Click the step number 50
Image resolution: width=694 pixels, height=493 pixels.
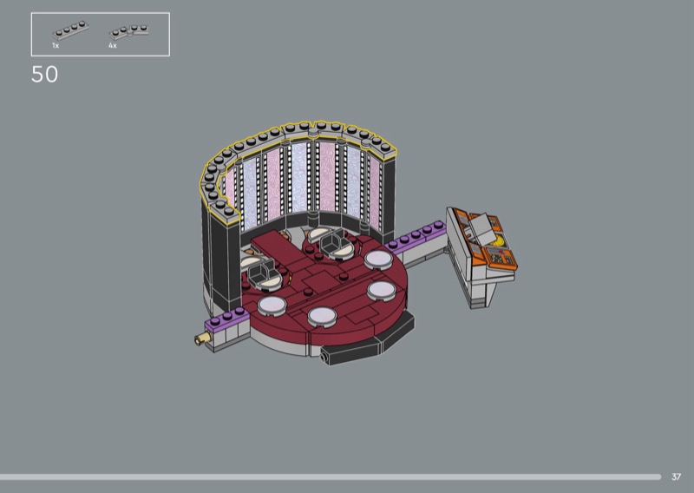(x=45, y=75)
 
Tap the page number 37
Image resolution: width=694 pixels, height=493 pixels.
(x=676, y=477)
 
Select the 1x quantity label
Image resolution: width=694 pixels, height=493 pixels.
(x=56, y=45)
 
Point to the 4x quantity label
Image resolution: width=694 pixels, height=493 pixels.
(x=113, y=45)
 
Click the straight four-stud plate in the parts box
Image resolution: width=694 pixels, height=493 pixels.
(x=70, y=30)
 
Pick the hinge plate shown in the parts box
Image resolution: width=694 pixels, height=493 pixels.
(x=128, y=32)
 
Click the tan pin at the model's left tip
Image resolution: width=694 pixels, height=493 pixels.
(x=202, y=339)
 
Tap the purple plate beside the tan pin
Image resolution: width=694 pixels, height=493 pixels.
(x=227, y=319)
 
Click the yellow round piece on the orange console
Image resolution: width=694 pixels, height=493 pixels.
(x=499, y=240)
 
